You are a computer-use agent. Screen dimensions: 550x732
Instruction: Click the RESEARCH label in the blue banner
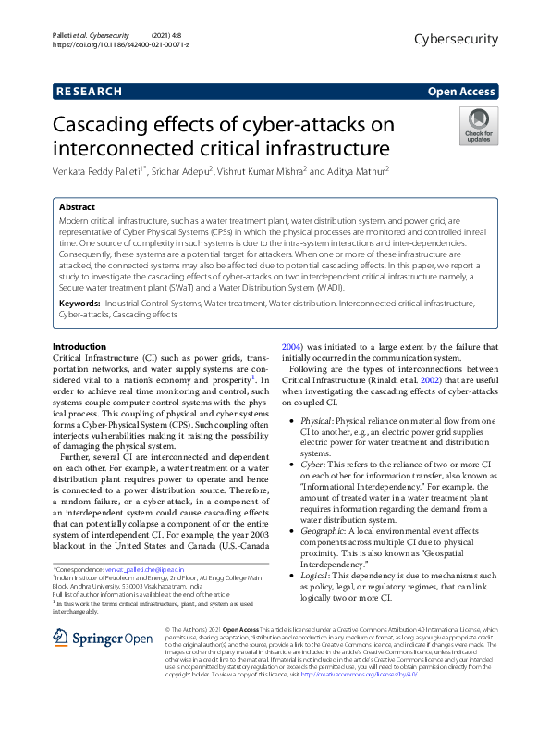click(89, 92)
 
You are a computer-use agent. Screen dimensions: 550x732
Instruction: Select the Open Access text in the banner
click(461, 92)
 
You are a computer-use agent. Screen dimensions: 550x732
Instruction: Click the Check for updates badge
click(479, 127)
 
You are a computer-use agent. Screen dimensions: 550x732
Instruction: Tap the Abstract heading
click(78, 208)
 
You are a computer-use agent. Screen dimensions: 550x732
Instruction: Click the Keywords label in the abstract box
click(79, 303)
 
